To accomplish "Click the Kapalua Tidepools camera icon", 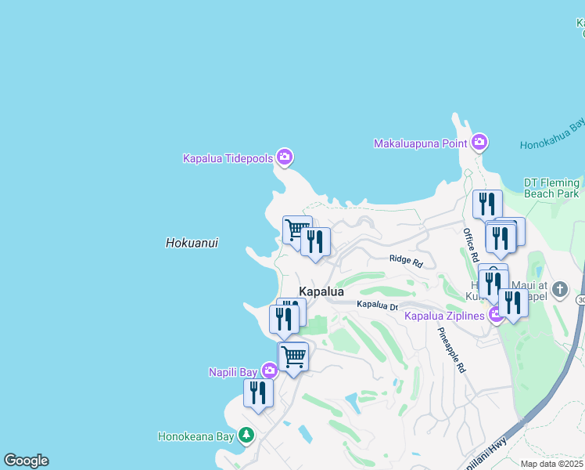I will click(x=285, y=157).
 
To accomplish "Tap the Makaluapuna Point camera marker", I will click(x=479, y=143).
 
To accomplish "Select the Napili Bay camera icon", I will click(x=269, y=371).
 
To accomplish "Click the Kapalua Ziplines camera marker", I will click(x=496, y=315).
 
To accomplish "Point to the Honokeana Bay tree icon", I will click(x=246, y=434).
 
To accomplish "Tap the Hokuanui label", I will click(x=192, y=243).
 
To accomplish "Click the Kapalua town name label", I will click(x=321, y=291).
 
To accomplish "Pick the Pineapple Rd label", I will click(x=451, y=349).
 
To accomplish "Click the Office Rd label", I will click(x=471, y=244).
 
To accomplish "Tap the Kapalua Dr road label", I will click(x=378, y=304).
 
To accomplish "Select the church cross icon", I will click(x=559, y=290).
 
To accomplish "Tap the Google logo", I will click(x=26, y=461).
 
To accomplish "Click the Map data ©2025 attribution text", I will click(x=551, y=464).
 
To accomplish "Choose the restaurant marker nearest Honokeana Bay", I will click(x=258, y=392).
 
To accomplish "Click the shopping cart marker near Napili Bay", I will click(x=293, y=356).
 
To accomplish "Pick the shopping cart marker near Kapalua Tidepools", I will click(x=296, y=230).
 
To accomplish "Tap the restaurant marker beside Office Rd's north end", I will click(x=487, y=204).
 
